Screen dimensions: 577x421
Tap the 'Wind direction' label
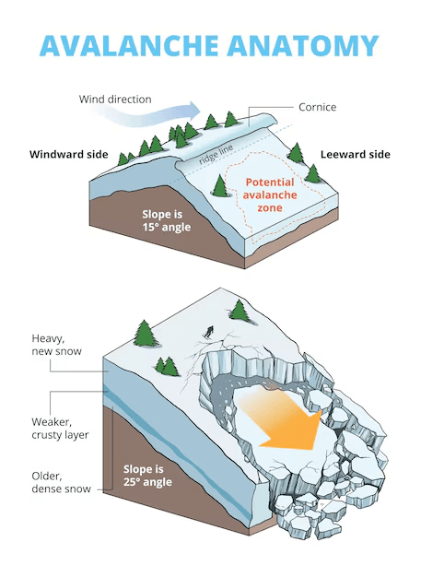(x=116, y=99)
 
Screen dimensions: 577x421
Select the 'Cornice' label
(x=316, y=107)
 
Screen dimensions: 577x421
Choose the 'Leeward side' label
(x=355, y=154)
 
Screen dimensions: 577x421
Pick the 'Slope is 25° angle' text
(x=153, y=475)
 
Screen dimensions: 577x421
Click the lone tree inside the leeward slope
(x=221, y=185)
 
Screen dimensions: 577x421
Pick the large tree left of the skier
(x=145, y=333)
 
